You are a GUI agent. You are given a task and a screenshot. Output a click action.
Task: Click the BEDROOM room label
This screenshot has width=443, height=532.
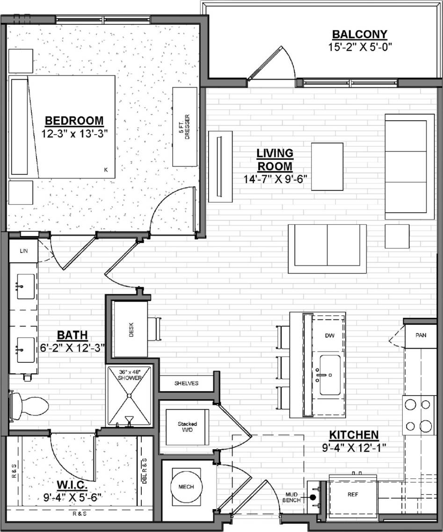coord(74,120)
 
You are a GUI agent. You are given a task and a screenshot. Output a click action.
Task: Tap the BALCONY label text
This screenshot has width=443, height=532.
coord(359,34)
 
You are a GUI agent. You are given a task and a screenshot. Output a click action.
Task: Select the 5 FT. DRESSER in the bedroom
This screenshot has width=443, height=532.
coord(185,127)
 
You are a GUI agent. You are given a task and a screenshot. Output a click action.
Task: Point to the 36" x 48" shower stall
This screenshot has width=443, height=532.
coord(130,396)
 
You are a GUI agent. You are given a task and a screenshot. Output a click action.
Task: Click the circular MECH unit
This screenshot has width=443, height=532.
coord(186,487)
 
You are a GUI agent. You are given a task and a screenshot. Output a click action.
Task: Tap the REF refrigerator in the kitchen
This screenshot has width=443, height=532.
coord(353,494)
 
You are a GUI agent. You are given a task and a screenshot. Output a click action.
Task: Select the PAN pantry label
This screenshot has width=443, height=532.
coord(421,335)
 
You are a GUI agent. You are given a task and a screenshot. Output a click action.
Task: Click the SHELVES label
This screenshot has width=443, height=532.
coord(187,383)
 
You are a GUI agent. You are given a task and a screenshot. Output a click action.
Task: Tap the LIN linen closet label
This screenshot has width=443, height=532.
coord(23,251)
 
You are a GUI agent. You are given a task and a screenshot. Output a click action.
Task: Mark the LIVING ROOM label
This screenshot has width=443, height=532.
coord(275,159)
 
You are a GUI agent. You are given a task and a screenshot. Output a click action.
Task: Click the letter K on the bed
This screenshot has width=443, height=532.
coord(106,170)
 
